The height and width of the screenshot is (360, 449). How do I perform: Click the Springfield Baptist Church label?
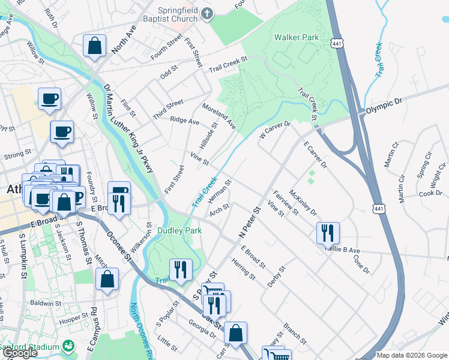[x=169, y=14]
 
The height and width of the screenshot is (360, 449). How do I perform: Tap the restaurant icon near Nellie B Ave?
[x=328, y=232]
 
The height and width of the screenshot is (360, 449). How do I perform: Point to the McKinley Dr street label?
[x=302, y=202]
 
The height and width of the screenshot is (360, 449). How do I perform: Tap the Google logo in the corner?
[x=20, y=353]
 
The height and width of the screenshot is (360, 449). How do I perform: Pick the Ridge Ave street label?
[x=184, y=121]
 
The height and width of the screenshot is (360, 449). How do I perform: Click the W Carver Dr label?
[x=274, y=131]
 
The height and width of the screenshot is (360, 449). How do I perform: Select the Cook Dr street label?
[x=430, y=194]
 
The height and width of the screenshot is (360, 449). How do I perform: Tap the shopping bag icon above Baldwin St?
[x=107, y=279]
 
